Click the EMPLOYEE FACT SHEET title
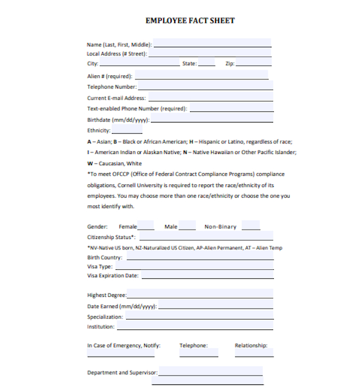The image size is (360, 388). [190, 20]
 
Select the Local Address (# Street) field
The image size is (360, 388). [209, 54]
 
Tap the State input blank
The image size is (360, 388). [207, 63]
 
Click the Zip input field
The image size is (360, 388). [253, 63]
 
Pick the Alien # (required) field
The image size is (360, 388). [201, 76]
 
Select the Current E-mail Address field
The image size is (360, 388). [209, 98]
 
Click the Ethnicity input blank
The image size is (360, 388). [127, 131]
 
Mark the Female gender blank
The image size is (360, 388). [146, 226]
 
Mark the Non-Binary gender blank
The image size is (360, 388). [250, 226]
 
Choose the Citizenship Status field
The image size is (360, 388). [206, 236]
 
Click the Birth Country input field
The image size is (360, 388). [199, 257]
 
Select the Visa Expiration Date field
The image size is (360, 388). [207, 275]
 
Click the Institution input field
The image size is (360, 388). [195, 326]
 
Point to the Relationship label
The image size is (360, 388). [251, 346]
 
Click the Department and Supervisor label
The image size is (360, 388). [122, 373]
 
